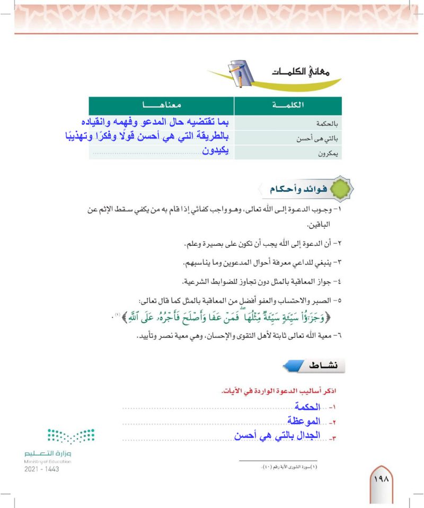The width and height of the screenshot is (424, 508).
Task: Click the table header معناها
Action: (x=161, y=105)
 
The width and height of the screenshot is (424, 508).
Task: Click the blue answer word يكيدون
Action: (x=217, y=152)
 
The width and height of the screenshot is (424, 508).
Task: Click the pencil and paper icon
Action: (x=242, y=74)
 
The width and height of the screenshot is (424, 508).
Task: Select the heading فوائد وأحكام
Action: (x=292, y=188)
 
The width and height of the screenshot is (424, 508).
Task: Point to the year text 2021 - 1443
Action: (x=42, y=470)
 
